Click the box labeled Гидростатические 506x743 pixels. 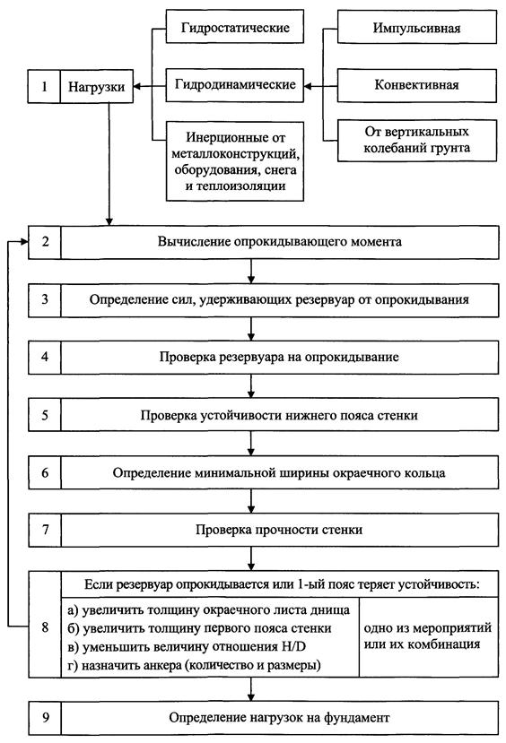[235, 28]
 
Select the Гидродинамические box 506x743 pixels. [235, 85]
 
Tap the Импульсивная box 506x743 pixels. [417, 28]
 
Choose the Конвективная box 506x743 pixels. [417, 85]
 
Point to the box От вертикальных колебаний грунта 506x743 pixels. [417, 140]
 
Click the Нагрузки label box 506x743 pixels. [97, 87]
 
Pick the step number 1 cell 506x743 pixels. [44, 87]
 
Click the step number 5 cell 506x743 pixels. [45, 415]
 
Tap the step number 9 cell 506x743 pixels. [45, 718]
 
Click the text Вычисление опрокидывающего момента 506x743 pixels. [280, 242]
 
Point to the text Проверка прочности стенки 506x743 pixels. [279, 530]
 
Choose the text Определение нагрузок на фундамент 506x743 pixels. [279, 718]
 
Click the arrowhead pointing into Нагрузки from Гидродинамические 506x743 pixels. [137, 86]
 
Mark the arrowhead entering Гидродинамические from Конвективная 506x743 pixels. [309, 86]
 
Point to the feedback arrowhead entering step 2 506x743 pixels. [24, 242]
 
